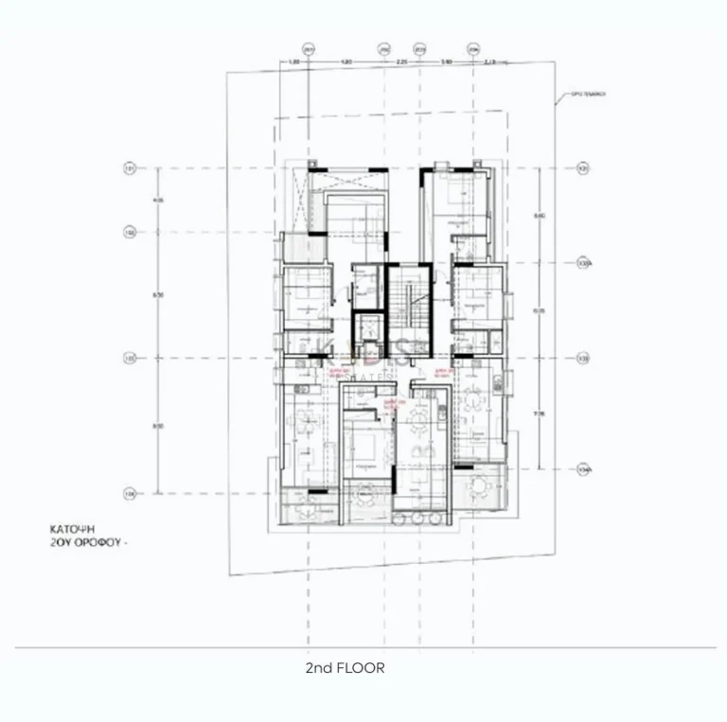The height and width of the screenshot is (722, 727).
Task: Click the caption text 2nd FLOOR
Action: pyautogui.click(x=345, y=667)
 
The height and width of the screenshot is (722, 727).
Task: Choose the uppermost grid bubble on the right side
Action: pyautogui.click(x=583, y=169)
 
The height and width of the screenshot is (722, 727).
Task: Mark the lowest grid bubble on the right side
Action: pyautogui.click(x=583, y=467)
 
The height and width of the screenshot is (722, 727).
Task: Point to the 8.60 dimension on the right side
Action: pyautogui.click(x=540, y=216)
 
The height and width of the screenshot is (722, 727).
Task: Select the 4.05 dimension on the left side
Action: pyautogui.click(x=160, y=200)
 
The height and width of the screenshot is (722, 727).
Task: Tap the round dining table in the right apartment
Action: pyautogui.click(x=473, y=399)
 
